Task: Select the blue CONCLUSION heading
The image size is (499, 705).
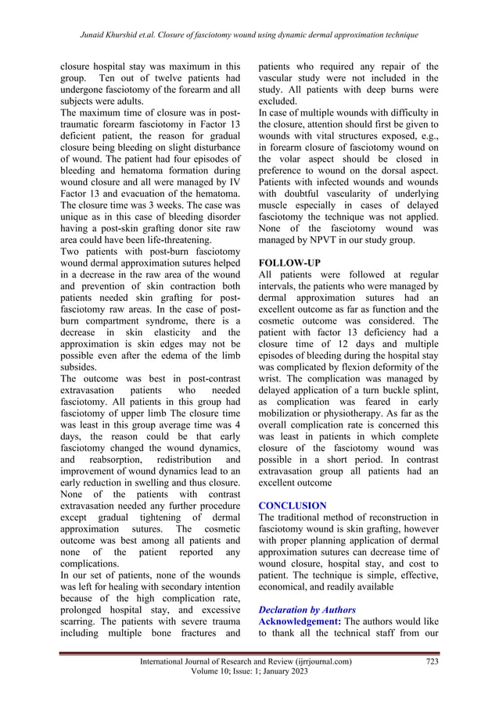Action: [293, 506]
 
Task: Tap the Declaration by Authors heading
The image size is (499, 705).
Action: [307, 609]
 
